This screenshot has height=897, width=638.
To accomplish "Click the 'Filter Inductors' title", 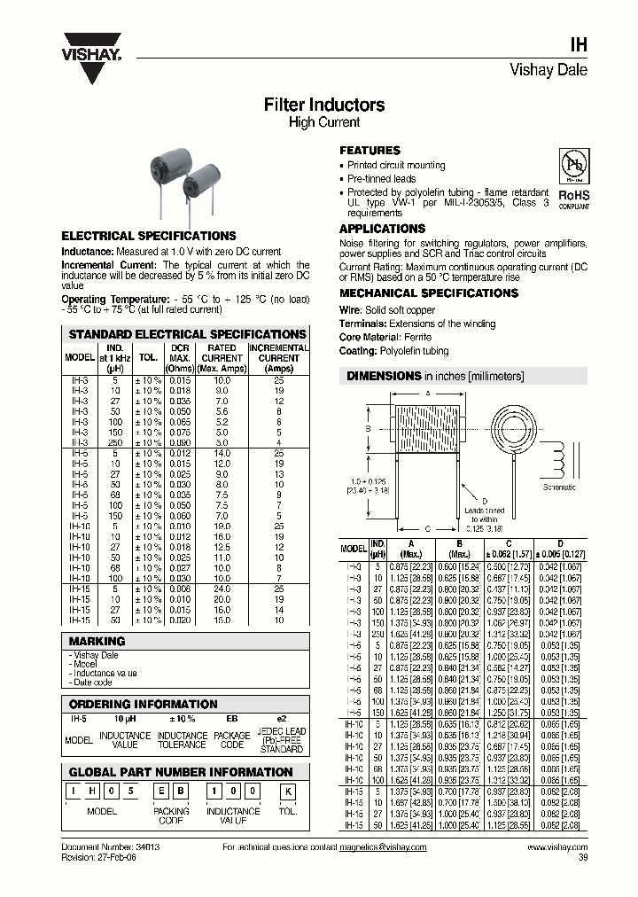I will [x=324, y=105].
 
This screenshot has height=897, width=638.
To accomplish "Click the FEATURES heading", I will [x=370, y=151].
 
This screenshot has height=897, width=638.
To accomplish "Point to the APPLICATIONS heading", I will [x=382, y=229].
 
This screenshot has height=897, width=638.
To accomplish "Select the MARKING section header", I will [x=97, y=641].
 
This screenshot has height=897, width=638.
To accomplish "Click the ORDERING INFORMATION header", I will [x=143, y=704].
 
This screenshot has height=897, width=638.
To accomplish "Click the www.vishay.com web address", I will [x=556, y=847].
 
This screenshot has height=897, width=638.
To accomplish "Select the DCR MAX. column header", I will [x=180, y=358].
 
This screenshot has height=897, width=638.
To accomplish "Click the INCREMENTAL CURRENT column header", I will [x=278, y=358].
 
